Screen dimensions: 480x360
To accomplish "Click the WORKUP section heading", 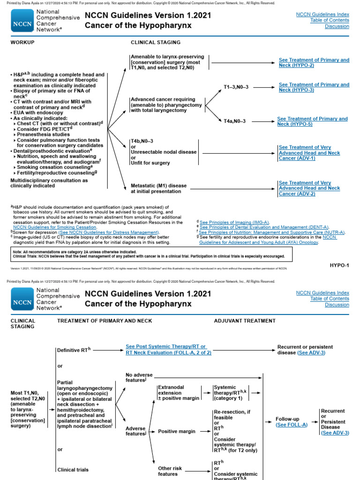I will tap(22, 42).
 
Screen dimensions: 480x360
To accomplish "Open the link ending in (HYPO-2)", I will tap(314, 62).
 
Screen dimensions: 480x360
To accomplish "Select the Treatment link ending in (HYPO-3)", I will tap(314, 87).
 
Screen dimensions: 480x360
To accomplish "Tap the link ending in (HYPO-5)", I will tap(312, 121).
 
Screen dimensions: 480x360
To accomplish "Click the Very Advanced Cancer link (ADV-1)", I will tap(309, 153).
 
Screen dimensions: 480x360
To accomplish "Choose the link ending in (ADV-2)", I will tap(309, 188).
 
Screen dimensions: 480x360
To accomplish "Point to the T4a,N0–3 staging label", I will tap(234, 121).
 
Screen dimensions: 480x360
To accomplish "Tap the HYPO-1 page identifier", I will tap(339, 265).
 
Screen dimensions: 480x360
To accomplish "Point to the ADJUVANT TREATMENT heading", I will tap(245, 321).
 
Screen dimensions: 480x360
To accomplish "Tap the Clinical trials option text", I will tap(73, 469).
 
